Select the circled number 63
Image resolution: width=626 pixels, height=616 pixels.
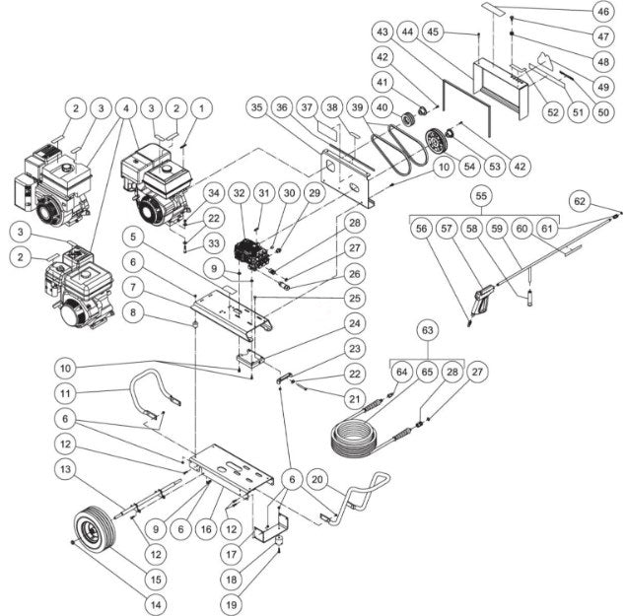click(x=426, y=328)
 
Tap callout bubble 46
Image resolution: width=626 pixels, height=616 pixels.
click(x=599, y=12)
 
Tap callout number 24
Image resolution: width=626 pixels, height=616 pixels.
click(x=352, y=323)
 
